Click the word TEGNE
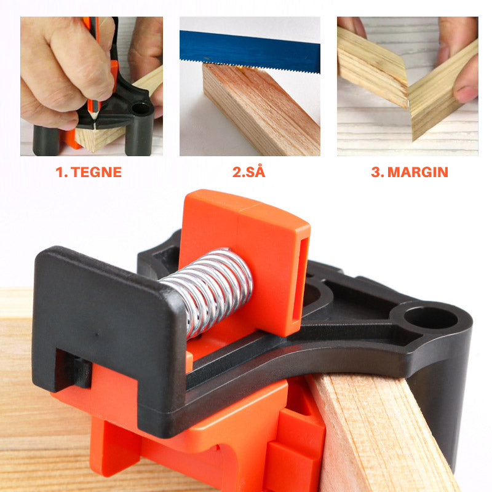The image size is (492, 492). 96,172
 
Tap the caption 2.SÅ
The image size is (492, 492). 249,172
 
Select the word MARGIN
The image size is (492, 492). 418,172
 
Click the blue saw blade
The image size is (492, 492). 250,52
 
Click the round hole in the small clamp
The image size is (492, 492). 141,109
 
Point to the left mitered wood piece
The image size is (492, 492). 373,68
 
